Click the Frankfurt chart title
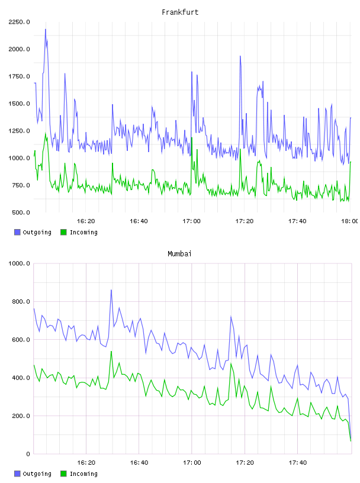point(180,12)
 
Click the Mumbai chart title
point(179,254)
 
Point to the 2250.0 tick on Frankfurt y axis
point(19,22)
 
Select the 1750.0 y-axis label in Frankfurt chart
point(19,76)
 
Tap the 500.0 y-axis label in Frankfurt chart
point(21,212)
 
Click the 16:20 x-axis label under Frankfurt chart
point(86,221)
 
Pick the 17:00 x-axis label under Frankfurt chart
point(191,221)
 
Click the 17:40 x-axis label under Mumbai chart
point(298,463)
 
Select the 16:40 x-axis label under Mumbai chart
point(139,463)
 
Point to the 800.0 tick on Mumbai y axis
point(21,301)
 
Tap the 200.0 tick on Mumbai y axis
point(21,416)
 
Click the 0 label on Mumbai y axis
point(28,454)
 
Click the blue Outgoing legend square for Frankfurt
point(17,232)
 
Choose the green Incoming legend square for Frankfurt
point(63,232)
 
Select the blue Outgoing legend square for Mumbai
point(17,474)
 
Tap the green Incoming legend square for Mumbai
point(63,474)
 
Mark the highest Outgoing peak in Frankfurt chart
point(46,30)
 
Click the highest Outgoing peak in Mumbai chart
point(111,290)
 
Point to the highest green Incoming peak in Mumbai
point(111,352)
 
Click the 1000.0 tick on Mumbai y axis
point(19,263)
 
